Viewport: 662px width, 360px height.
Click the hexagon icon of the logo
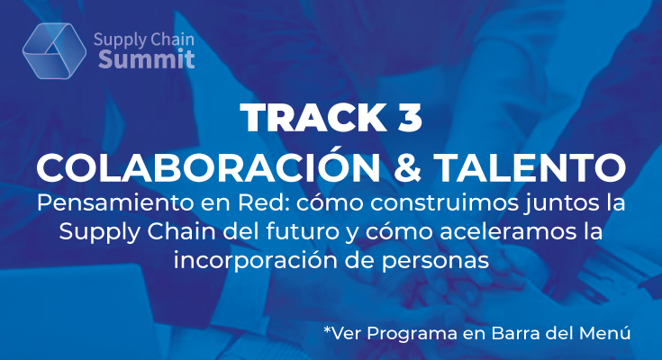click(54, 50)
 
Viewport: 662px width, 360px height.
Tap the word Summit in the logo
click(147, 59)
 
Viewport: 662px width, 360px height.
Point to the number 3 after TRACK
click(410, 117)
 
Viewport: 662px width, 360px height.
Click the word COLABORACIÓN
click(208, 166)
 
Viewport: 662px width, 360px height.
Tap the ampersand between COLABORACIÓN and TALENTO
click(407, 167)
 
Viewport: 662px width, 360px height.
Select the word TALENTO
click(530, 167)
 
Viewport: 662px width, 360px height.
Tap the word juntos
click(560, 204)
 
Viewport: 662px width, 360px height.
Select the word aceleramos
click(507, 232)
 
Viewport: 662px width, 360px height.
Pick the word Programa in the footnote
click(412, 334)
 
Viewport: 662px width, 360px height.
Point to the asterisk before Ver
click(328, 329)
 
